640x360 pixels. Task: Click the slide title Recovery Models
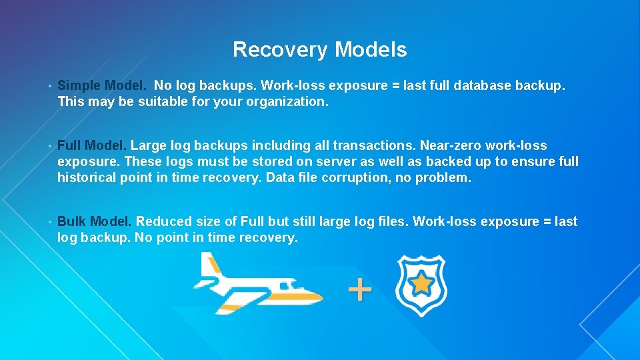tap(319, 49)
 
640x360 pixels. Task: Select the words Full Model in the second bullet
tap(93, 145)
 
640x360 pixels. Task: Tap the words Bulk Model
tap(94, 221)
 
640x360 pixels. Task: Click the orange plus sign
tap(359, 289)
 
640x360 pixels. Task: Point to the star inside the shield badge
tap(421, 285)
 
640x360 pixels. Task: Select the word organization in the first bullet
tap(287, 102)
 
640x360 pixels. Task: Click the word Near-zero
tap(450, 145)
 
